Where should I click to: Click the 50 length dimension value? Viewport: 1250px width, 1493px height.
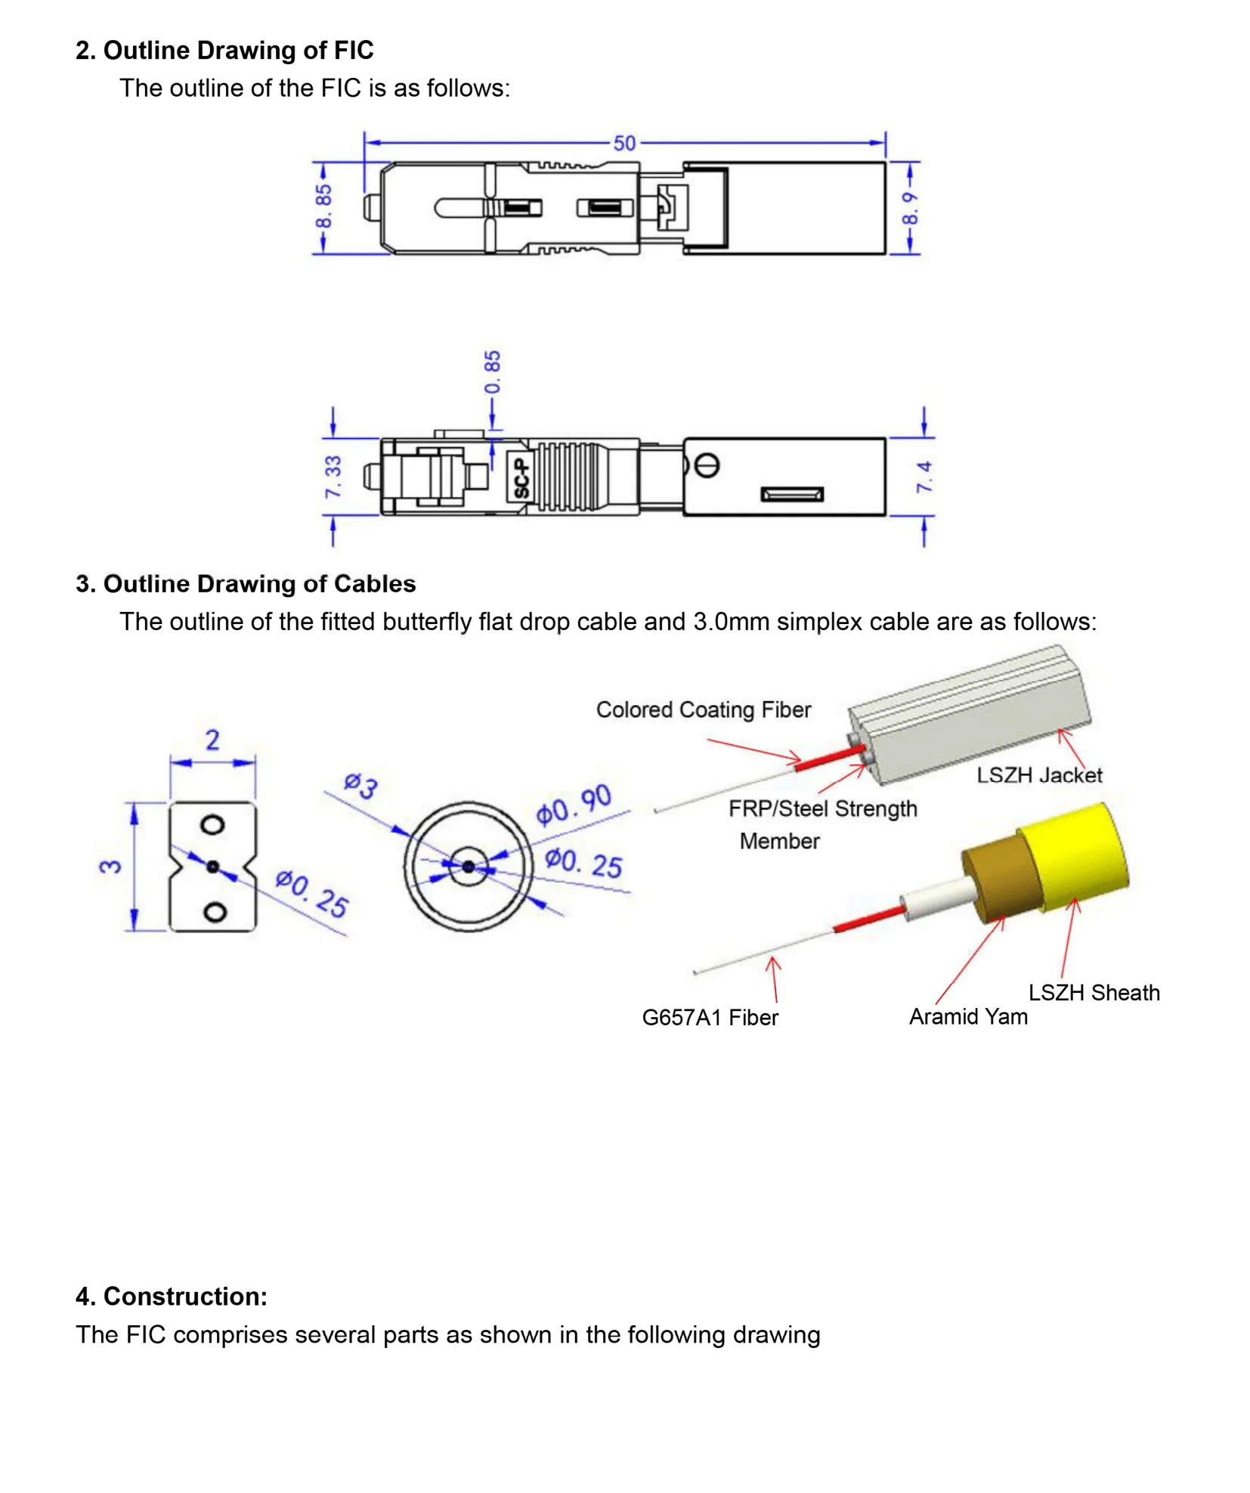coord(623,143)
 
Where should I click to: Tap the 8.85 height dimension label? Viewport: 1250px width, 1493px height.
coord(323,206)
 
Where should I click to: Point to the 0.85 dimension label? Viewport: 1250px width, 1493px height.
coord(492,371)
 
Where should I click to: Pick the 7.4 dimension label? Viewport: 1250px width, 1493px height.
coord(924,477)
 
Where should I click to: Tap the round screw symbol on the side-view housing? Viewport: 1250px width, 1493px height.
coord(707,465)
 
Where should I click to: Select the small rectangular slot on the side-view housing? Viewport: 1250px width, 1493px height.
coord(791,494)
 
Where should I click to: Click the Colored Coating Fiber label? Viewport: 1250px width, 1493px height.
coord(702,709)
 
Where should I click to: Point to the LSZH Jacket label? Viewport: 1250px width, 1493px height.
coord(1038,774)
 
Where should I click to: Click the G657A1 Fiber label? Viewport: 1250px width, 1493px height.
coord(709,1017)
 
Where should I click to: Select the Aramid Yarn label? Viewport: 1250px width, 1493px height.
coord(967,1016)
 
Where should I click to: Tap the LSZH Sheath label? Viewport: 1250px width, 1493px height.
coord(1093,992)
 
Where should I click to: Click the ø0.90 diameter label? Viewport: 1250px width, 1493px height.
coord(573,805)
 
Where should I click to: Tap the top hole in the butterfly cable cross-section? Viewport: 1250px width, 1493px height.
coord(212,824)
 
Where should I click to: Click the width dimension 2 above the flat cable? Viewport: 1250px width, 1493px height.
coord(212,740)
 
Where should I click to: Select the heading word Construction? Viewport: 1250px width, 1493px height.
coord(184,1296)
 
